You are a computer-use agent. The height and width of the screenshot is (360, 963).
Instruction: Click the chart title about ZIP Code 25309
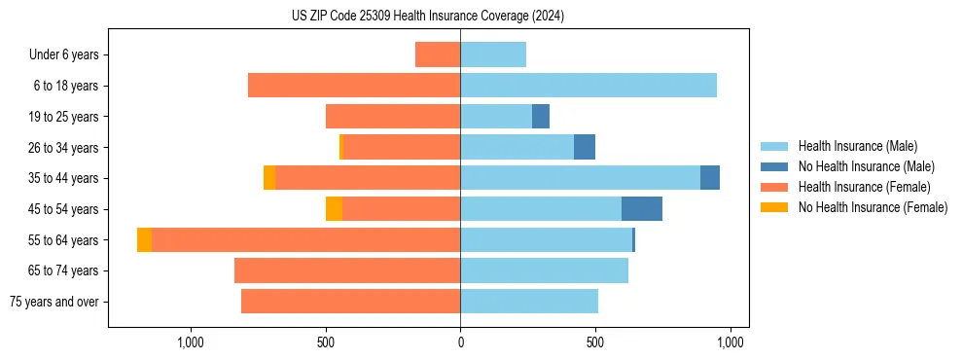pyautogui.click(x=427, y=17)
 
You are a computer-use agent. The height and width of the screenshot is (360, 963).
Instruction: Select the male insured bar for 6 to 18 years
pyautogui.click(x=588, y=86)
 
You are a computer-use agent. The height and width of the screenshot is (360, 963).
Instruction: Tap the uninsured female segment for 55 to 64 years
pyautogui.click(x=144, y=239)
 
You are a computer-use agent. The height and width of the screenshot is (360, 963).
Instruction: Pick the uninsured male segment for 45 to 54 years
pyautogui.click(x=642, y=209)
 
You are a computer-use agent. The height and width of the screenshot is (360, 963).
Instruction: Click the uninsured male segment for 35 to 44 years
pyautogui.click(x=710, y=178)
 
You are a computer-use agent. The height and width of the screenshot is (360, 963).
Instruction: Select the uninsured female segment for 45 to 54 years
pyautogui.click(x=334, y=209)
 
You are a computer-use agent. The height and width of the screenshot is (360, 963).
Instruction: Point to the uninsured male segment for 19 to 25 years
pyautogui.click(x=541, y=117)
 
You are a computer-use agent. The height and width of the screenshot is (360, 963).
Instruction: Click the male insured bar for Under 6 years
pyautogui.click(x=493, y=54)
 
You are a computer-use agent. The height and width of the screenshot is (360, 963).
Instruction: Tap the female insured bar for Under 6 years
pyautogui.click(x=438, y=54)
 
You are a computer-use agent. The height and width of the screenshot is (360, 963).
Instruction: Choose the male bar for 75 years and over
pyautogui.click(x=529, y=302)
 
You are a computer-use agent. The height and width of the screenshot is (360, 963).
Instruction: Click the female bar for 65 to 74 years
pyautogui.click(x=347, y=270)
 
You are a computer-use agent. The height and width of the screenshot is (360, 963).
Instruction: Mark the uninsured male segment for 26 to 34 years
pyautogui.click(x=585, y=147)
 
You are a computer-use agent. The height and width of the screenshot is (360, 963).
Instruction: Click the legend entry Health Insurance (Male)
pyautogui.click(x=856, y=146)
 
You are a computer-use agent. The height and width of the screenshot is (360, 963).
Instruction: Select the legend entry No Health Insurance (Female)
pyautogui.click(x=873, y=207)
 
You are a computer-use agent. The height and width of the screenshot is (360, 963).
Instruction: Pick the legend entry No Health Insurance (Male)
pyautogui.click(x=866, y=166)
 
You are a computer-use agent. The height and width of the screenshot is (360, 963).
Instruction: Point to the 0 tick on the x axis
pyautogui.click(x=460, y=342)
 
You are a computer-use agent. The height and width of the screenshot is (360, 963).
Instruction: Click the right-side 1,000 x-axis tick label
pyautogui.click(x=731, y=342)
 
